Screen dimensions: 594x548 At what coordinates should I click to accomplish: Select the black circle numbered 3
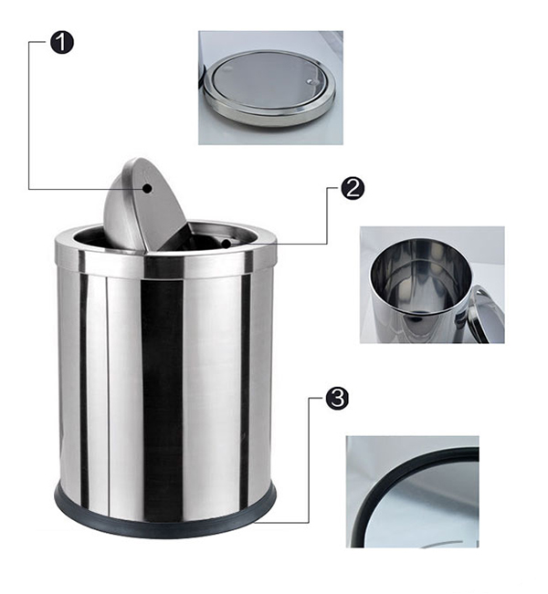point(336,399)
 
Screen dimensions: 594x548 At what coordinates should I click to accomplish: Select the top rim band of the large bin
point(164,265)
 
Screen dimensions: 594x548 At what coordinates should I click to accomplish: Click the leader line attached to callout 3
point(307,465)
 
